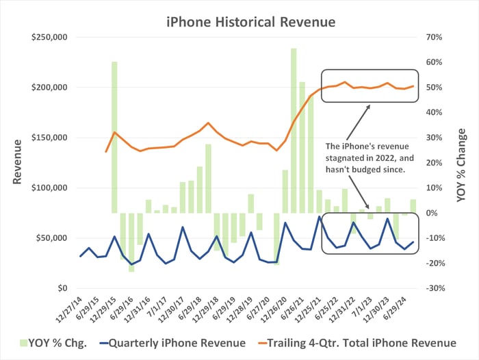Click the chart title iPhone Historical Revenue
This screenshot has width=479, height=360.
(251, 22)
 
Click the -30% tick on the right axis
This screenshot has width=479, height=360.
(436, 288)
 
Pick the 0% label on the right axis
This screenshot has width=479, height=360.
(432, 213)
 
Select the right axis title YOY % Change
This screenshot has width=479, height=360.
(462, 162)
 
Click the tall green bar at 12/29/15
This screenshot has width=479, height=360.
(114, 137)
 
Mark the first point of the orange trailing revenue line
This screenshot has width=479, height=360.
(106, 151)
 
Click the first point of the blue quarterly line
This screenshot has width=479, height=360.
(81, 256)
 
